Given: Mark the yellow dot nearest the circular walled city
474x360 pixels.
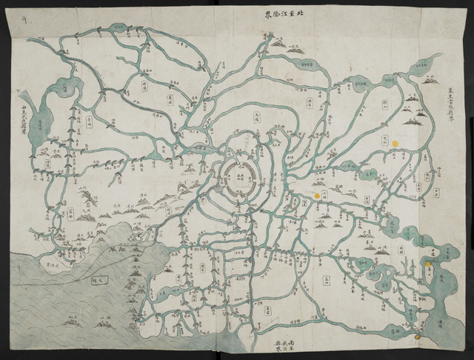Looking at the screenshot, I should coord(317,196).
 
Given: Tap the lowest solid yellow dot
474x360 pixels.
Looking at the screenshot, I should coord(429,261).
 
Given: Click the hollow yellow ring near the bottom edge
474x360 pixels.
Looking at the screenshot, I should coord(418,338).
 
